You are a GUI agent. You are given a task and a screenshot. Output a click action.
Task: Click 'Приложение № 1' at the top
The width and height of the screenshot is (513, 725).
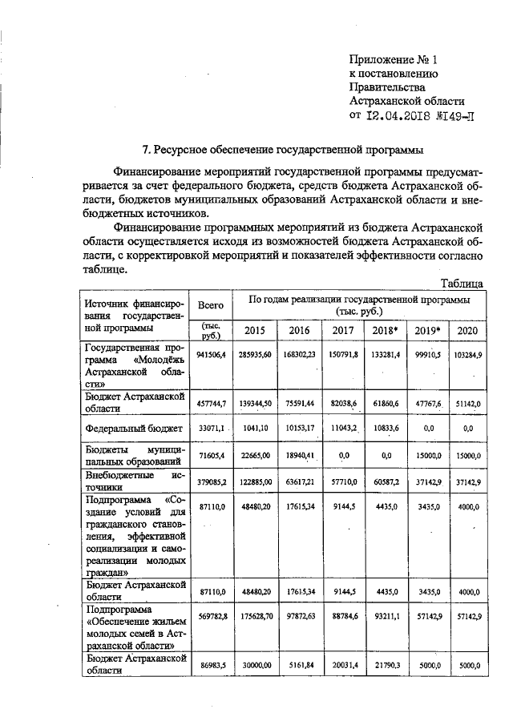[394, 59]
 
